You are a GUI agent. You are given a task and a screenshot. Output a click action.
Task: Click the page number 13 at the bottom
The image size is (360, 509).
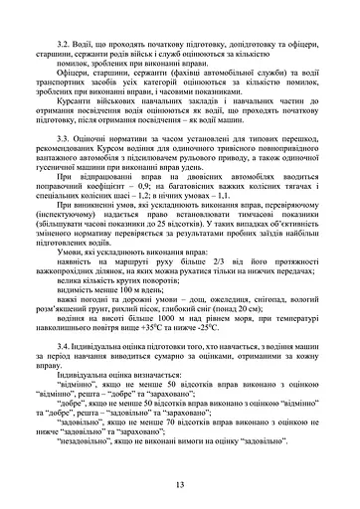(180, 484)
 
